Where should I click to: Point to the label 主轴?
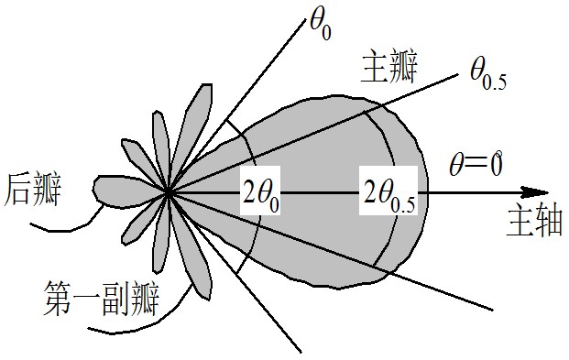point(533,223)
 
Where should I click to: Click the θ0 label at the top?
point(321,24)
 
